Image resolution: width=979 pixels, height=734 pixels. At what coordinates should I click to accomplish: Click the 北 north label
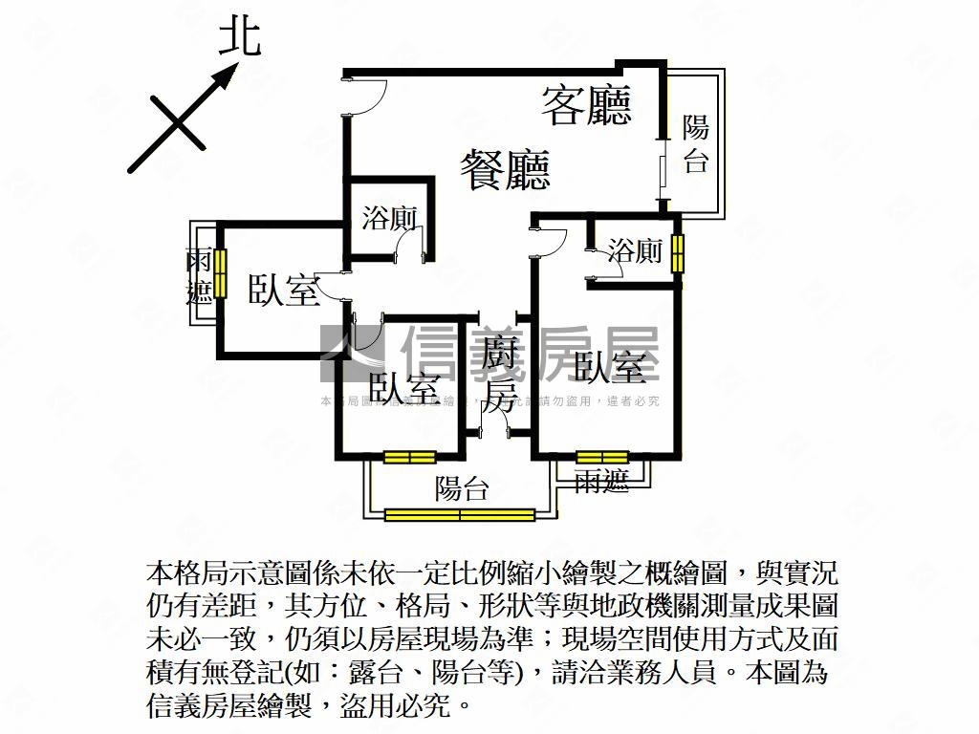click(x=240, y=38)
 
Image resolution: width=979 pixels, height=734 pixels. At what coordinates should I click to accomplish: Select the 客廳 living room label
click(x=587, y=105)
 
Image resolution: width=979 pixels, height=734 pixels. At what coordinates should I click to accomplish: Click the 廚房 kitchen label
click(x=499, y=375)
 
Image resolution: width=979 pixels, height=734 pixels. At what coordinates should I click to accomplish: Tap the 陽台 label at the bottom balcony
click(x=462, y=489)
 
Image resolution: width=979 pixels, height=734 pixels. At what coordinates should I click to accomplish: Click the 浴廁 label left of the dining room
click(x=389, y=218)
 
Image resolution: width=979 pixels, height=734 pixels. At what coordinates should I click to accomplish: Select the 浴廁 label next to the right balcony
click(x=636, y=251)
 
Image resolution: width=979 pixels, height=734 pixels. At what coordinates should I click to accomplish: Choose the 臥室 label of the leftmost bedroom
click(x=283, y=291)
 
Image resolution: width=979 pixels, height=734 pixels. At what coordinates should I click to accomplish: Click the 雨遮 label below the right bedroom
click(x=602, y=482)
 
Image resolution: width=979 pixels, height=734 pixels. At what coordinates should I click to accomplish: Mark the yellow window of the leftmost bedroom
click(x=220, y=272)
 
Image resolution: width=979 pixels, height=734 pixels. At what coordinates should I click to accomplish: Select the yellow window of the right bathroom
click(x=678, y=252)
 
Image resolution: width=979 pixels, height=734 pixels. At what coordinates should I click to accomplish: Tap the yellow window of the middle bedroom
click(x=409, y=457)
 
